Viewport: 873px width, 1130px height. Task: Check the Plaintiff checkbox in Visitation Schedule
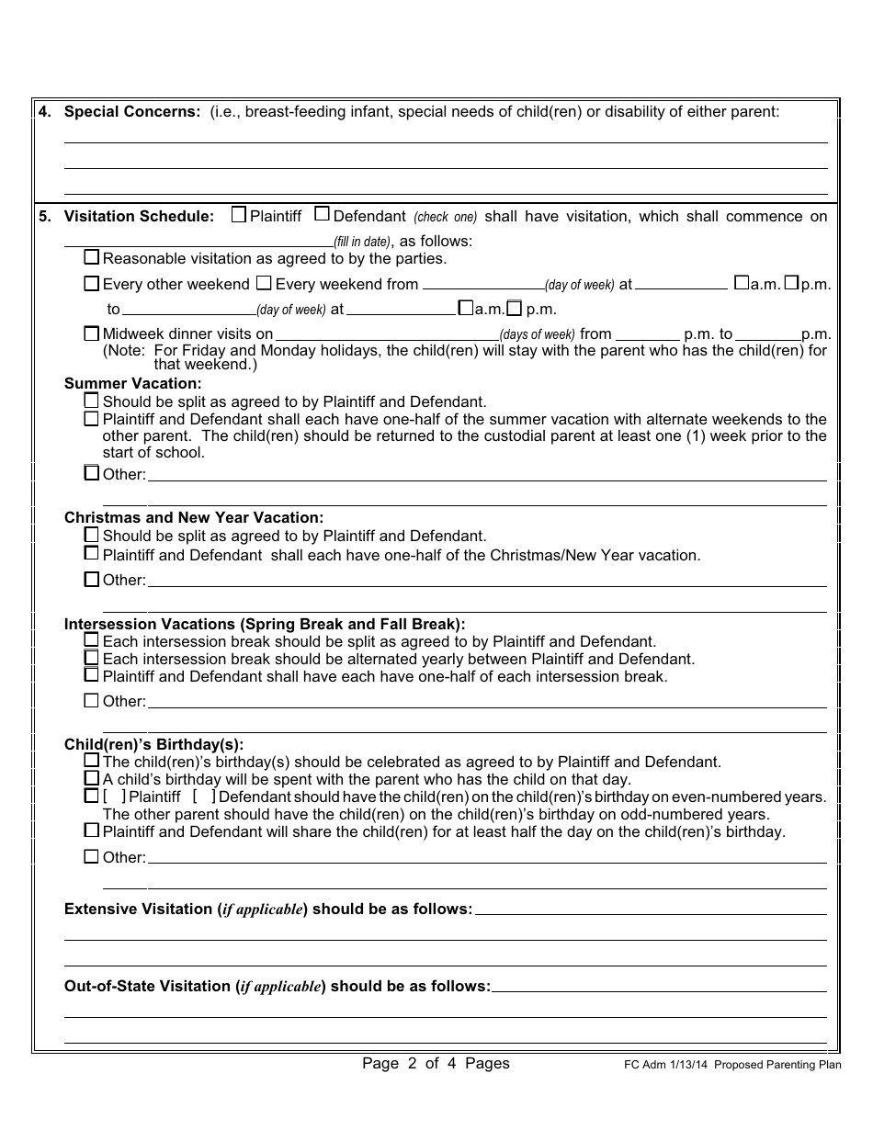(239, 215)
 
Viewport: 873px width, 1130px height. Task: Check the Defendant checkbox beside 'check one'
(322, 215)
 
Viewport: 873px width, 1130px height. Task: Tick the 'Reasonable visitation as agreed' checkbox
(92, 257)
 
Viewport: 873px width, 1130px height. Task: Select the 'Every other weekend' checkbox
(92, 284)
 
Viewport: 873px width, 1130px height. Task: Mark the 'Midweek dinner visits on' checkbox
(92, 333)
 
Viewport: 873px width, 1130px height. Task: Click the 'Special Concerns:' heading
(131, 111)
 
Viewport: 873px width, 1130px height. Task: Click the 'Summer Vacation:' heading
(132, 383)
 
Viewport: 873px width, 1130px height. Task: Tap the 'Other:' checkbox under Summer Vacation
(92, 473)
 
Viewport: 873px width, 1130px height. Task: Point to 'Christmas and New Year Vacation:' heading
(194, 518)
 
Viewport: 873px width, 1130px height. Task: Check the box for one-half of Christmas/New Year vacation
(92, 554)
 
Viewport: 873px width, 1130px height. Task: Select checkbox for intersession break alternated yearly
(92, 658)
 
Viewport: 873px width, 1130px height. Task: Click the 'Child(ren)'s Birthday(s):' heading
(154, 745)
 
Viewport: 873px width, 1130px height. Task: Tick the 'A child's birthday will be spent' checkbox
(92, 778)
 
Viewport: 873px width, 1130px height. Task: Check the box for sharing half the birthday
(92, 831)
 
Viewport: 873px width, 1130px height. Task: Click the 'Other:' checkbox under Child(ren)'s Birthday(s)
(92, 856)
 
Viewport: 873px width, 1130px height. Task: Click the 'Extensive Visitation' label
(138, 909)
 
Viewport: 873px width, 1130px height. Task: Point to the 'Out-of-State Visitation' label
(147, 986)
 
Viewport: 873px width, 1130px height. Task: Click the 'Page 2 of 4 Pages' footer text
(436, 1063)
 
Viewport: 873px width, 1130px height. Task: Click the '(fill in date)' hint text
(362, 243)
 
